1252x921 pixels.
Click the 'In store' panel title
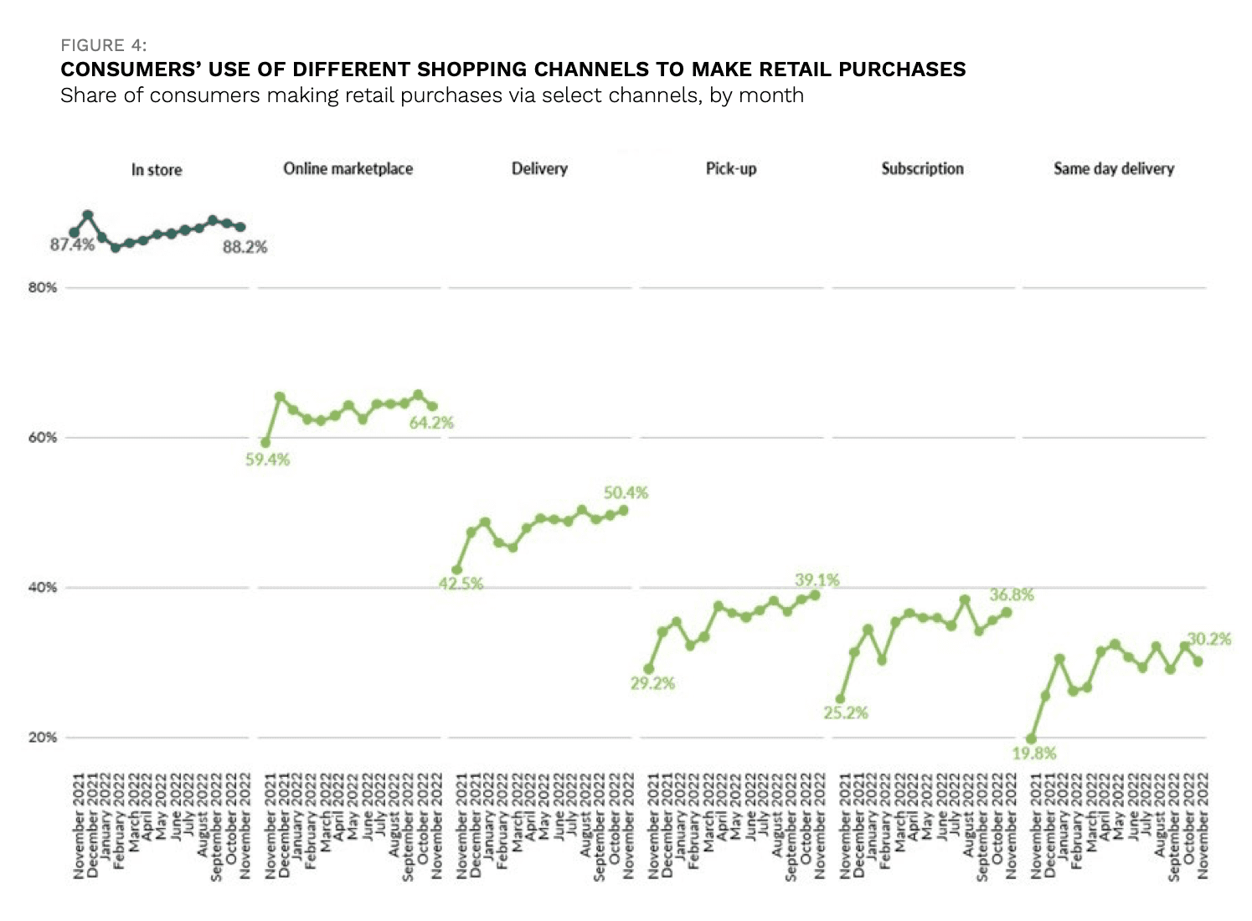[x=157, y=170]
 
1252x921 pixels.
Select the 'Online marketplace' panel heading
[x=348, y=169]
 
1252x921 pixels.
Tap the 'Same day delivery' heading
[x=1113, y=169]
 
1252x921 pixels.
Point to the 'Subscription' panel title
[x=922, y=169]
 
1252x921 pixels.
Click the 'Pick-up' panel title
[x=730, y=169]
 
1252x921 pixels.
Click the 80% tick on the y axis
[x=43, y=288]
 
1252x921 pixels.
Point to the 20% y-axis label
[x=43, y=738]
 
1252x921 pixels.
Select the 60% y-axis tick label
[x=43, y=438]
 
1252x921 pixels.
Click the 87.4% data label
[x=72, y=245]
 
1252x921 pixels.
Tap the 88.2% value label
[x=245, y=247]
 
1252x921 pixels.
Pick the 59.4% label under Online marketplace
[x=267, y=460]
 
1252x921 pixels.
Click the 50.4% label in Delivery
[x=626, y=493]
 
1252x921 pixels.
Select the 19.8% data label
[x=1033, y=754]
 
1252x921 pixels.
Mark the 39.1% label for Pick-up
[x=817, y=580]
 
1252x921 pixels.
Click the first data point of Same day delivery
[x=1031, y=739]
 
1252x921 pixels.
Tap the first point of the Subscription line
[x=840, y=699]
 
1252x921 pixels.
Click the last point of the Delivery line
[x=623, y=510]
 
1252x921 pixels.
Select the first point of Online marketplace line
[x=265, y=443]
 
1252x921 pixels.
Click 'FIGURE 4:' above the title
[x=104, y=45]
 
